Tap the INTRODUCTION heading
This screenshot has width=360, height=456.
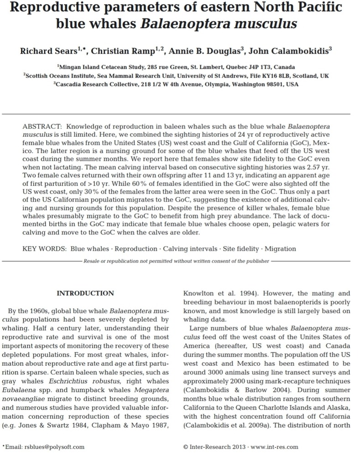(85, 293)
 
